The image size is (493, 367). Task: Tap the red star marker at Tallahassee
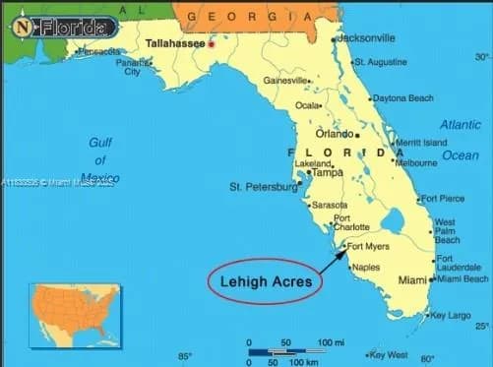pyautogui.click(x=211, y=44)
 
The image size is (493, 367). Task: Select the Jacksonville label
pyautogui.click(x=365, y=37)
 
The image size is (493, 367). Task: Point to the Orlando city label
pyautogui.click(x=334, y=134)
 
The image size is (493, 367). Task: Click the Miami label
pyautogui.click(x=412, y=280)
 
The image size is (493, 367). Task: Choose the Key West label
pyautogui.click(x=389, y=355)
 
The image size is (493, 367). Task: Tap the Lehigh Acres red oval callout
pyautogui.click(x=265, y=281)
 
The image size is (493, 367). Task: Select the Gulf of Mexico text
pyautogui.click(x=100, y=160)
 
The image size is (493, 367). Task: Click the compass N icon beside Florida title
pyautogui.click(x=22, y=28)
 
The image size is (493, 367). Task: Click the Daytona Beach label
pyautogui.click(x=402, y=98)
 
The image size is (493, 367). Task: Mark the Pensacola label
pyautogui.click(x=97, y=51)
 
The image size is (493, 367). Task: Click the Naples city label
pyautogui.click(x=365, y=268)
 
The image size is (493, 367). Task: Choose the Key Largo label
pyautogui.click(x=452, y=316)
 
